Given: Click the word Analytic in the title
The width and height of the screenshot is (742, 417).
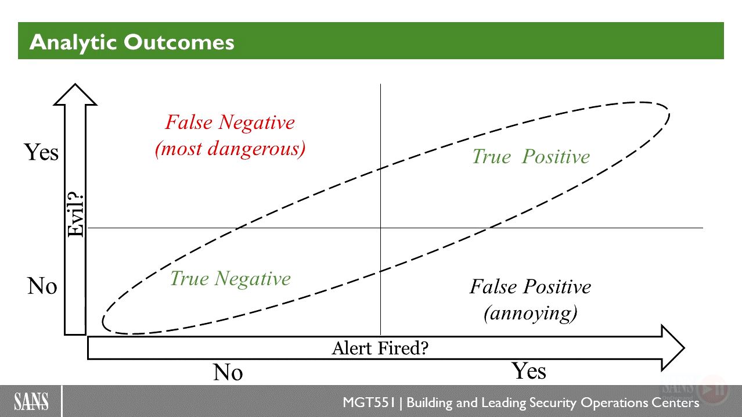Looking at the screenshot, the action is (73, 43).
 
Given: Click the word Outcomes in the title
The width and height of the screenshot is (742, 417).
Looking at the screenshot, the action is (179, 42).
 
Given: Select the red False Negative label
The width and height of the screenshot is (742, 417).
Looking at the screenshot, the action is (230, 122).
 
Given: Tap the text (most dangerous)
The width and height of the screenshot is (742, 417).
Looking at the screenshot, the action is (230, 149).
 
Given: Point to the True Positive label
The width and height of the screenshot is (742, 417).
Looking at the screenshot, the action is (531, 156).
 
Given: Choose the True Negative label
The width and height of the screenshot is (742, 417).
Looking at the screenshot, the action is (230, 278).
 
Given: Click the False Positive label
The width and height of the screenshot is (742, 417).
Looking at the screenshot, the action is (530, 286).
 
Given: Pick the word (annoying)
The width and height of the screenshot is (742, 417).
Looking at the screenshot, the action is (530, 313).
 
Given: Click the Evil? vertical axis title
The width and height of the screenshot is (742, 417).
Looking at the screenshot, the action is (75, 215).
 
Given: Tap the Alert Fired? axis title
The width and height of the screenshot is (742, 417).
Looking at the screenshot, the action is (380, 348).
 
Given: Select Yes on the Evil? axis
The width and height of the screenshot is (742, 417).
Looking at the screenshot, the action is (41, 153).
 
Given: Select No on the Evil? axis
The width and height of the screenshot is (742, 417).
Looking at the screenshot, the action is (42, 286).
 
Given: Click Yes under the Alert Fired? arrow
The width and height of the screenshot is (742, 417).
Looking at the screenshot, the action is (530, 371).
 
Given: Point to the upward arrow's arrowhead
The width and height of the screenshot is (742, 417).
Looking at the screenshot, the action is (75, 95).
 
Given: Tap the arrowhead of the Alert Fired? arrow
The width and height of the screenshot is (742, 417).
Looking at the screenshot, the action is (673, 348).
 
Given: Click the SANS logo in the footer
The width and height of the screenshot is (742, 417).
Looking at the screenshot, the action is (31, 401).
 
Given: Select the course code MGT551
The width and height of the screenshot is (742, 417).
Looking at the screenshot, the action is (369, 402).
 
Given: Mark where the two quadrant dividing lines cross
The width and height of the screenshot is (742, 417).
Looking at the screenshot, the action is (381, 228).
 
